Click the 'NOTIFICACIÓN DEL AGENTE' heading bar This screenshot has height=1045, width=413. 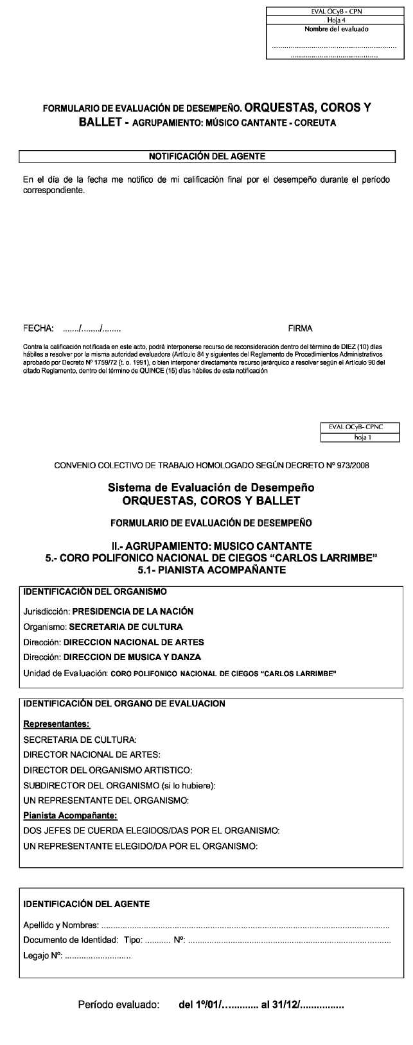207,156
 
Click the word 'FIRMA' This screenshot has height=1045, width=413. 301,328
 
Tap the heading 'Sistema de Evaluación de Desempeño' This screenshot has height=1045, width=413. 211,488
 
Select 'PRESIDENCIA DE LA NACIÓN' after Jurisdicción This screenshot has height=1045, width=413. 133,611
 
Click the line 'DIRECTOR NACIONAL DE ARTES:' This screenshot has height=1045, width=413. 92,754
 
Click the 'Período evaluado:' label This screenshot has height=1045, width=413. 118,1005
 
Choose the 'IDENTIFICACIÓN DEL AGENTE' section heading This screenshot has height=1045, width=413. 87,904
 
